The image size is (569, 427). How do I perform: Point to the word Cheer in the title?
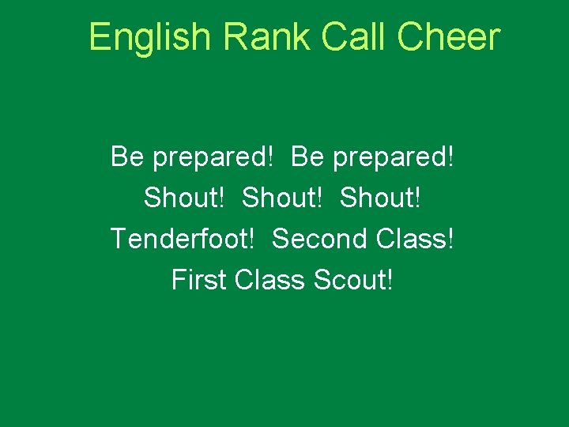(449, 37)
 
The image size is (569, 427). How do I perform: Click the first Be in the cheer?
(127, 157)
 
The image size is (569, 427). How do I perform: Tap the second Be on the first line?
(307, 157)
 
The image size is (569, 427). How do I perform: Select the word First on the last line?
(198, 280)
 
